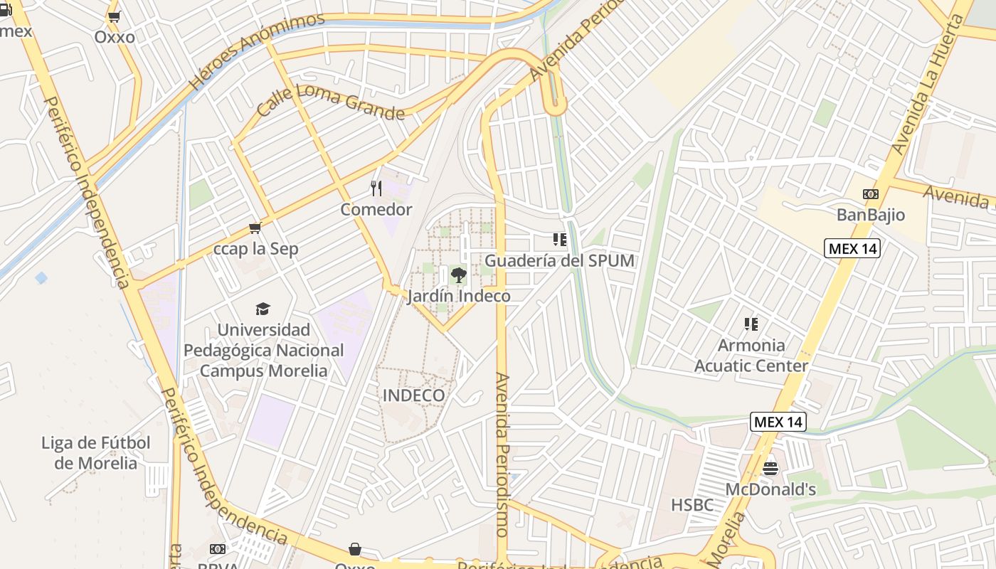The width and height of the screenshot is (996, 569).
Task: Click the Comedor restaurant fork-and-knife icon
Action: [376, 188]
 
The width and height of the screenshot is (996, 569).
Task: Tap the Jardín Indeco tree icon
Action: [458, 275]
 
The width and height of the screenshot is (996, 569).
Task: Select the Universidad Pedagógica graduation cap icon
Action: [263, 309]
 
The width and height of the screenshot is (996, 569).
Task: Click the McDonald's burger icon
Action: [770, 469]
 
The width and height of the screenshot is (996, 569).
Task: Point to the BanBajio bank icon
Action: [870, 194]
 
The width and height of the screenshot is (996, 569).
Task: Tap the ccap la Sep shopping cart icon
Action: [255, 228]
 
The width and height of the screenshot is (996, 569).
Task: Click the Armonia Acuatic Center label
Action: [751, 356]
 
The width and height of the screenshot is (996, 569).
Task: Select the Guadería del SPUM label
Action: [559, 260]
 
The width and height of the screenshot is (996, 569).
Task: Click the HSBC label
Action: [692, 505]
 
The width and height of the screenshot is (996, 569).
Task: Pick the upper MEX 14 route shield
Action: [852, 248]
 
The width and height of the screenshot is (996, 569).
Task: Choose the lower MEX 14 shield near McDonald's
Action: [778, 422]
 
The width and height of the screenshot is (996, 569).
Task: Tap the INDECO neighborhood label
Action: [414, 395]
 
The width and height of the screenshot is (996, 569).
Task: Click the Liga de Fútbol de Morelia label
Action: [95, 453]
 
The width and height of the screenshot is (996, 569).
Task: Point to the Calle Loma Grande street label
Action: [330, 102]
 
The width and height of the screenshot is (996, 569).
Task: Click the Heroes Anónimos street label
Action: [257, 52]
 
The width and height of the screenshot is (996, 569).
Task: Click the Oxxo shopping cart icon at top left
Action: [114, 17]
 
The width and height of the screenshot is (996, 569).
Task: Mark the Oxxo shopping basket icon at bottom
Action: [354, 549]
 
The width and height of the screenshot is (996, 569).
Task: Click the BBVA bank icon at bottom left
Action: [218, 549]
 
